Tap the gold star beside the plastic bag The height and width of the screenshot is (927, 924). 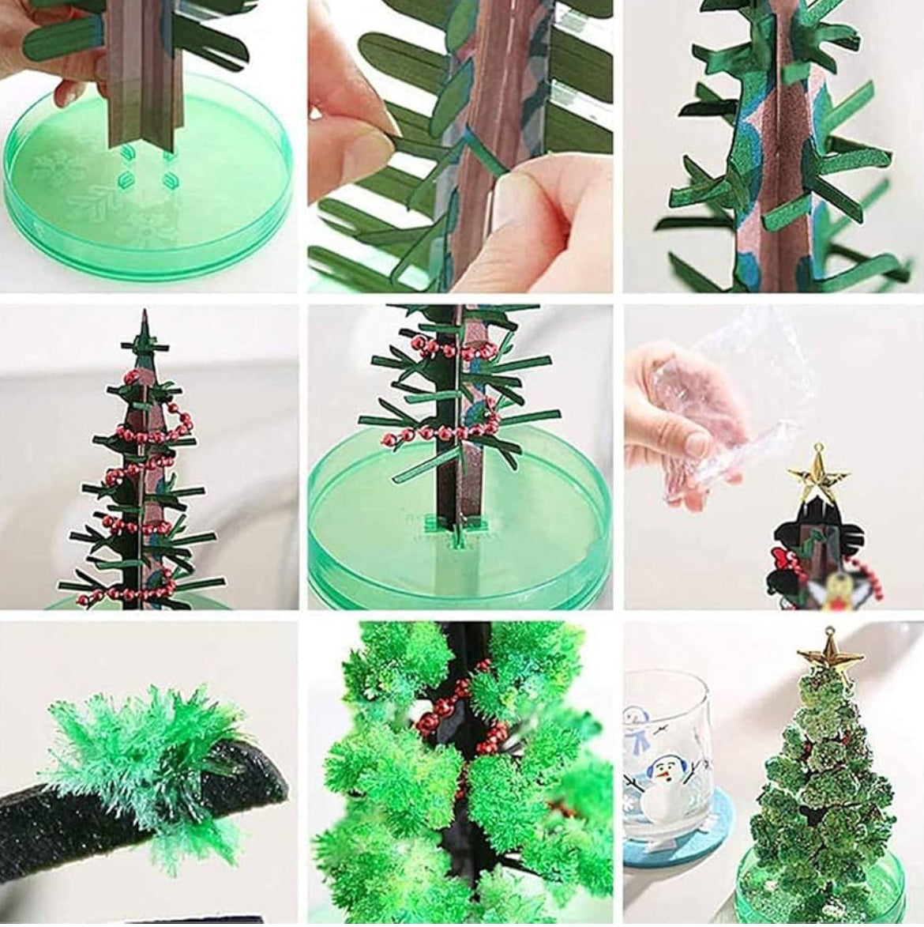coord(817,473)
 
